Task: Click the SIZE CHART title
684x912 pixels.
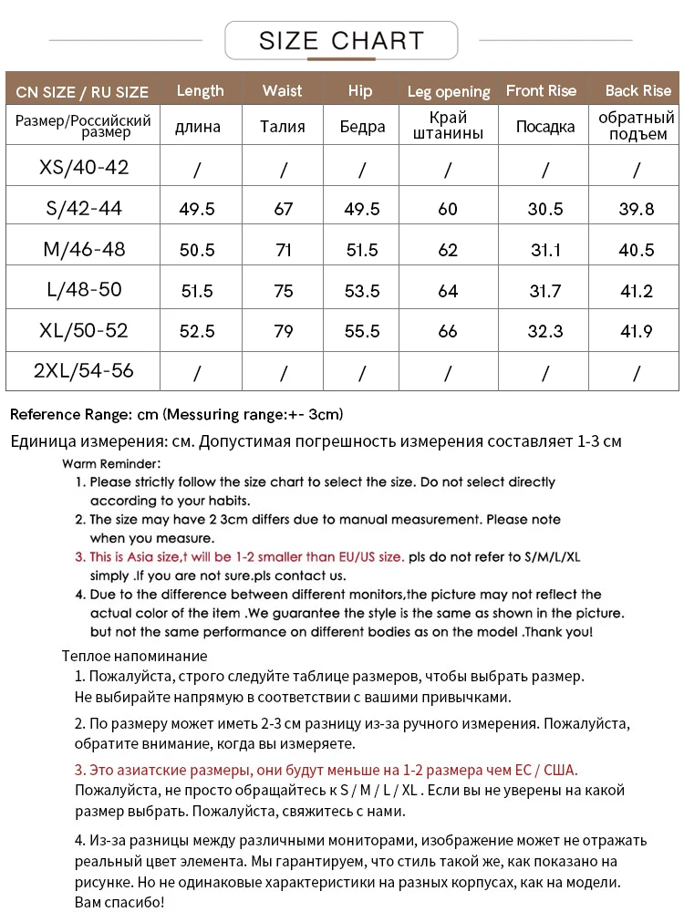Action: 341,41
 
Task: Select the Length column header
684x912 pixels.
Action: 200,90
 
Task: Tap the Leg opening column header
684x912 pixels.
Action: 449,91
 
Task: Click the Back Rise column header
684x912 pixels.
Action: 637,90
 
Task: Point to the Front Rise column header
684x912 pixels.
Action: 541,90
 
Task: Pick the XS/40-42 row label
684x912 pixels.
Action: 84,168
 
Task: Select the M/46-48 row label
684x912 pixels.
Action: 84,249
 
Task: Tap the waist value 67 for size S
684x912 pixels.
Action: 284,209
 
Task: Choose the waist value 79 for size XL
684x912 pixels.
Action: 284,331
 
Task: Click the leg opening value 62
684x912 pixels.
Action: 448,249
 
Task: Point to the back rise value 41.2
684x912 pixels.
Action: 637,291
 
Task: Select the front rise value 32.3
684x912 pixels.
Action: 545,331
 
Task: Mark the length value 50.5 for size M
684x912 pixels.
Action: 197,249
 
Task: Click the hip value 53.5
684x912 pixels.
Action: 362,291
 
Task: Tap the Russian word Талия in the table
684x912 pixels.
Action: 283,127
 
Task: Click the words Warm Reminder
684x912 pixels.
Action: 111,463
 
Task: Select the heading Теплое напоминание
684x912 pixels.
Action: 134,656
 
